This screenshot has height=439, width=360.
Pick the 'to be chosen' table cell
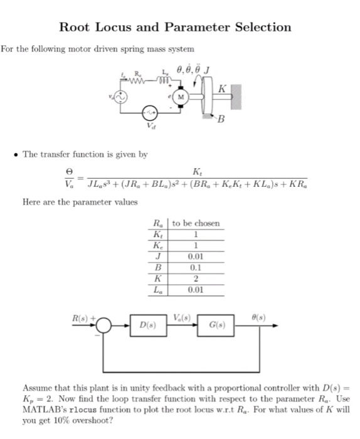click(x=196, y=224)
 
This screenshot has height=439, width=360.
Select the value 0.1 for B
click(x=196, y=268)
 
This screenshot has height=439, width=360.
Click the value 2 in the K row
click(x=196, y=279)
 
